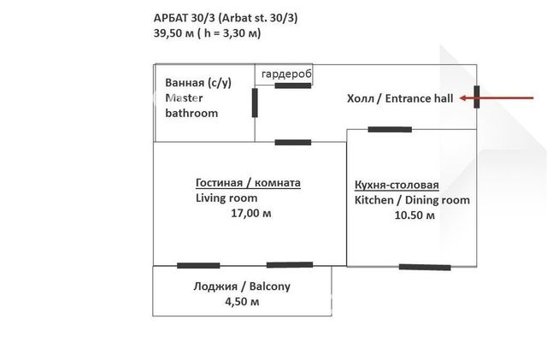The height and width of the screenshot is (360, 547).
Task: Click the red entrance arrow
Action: coord(497,98)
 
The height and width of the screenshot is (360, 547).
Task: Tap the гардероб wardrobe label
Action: coord(286,74)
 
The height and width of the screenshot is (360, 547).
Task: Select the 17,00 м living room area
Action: coord(251,213)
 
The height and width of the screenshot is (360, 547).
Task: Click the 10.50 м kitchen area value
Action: coord(415,215)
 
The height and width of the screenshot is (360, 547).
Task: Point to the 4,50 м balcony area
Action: coord(242,301)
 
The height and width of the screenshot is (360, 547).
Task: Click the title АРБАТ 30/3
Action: coord(185,18)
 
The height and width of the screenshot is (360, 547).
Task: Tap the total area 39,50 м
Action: coord(174,33)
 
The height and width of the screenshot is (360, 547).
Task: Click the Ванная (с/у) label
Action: coord(198,83)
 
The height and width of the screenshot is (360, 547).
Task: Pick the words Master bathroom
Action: coord(191,105)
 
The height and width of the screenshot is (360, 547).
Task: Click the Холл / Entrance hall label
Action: coord(400,98)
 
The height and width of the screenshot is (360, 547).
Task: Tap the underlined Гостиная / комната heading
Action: coord(248,183)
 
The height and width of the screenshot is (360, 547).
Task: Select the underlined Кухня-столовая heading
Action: coord(397,185)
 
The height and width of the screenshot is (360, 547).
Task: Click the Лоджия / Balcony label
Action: coord(242,286)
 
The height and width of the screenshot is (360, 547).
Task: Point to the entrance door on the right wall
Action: coord(477,97)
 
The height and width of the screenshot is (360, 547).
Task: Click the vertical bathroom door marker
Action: coord(255,103)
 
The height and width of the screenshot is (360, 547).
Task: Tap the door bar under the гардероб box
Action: coord(293,86)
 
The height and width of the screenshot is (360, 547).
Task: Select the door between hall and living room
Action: coord(293,142)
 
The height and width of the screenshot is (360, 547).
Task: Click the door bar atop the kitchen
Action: coord(390,129)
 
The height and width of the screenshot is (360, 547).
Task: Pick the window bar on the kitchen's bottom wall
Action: coord(425,267)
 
